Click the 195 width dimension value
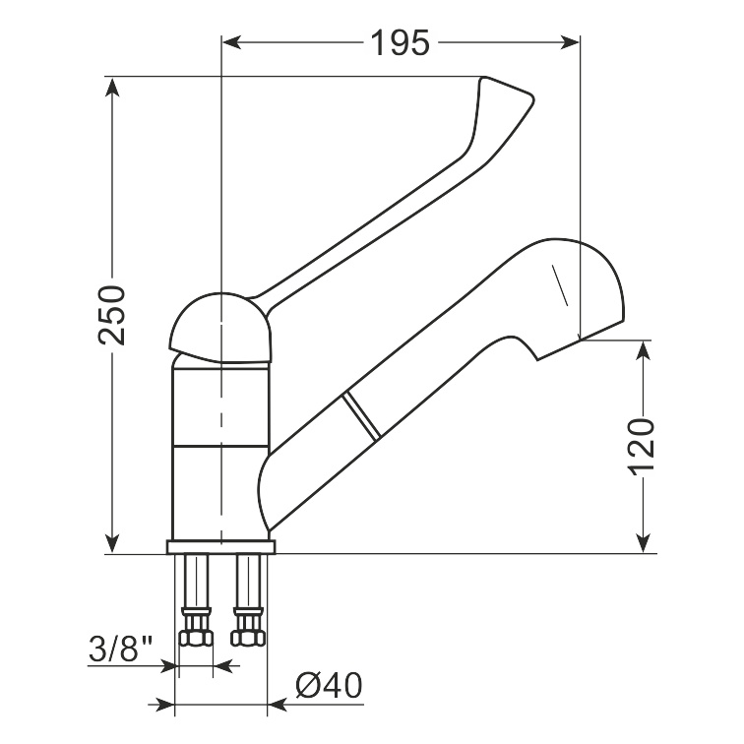point(400,42)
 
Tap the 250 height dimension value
point(112,315)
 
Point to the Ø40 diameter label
point(329,685)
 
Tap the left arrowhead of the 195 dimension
point(231,42)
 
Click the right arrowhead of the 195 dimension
point(571,42)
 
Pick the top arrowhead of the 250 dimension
point(112,87)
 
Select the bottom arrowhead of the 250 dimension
point(112,543)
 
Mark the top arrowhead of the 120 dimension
point(643,350)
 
